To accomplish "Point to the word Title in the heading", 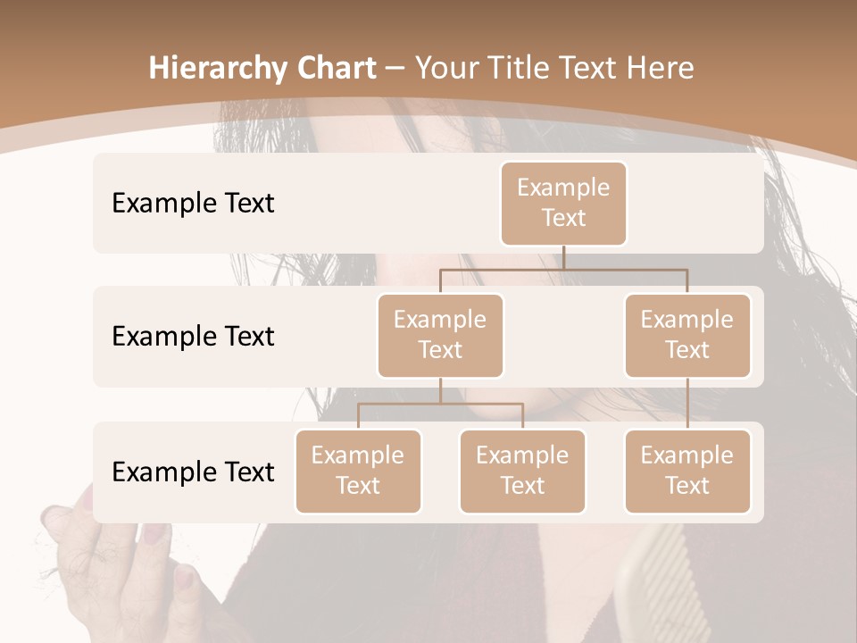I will click(x=521, y=68).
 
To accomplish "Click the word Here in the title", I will click(x=659, y=68).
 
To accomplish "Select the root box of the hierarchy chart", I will click(x=563, y=203).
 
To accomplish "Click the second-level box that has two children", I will click(x=440, y=335).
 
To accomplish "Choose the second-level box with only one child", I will click(x=687, y=335).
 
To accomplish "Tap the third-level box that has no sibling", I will click(x=687, y=471).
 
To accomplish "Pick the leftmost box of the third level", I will click(x=358, y=471).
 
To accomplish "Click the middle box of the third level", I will click(x=522, y=471).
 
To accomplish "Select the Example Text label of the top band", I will click(x=193, y=203).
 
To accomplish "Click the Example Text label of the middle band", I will click(x=193, y=336).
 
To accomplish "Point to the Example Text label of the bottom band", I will click(x=193, y=472).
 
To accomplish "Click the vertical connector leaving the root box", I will click(x=563, y=256).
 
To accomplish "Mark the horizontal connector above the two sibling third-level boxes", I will click(x=440, y=404).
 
